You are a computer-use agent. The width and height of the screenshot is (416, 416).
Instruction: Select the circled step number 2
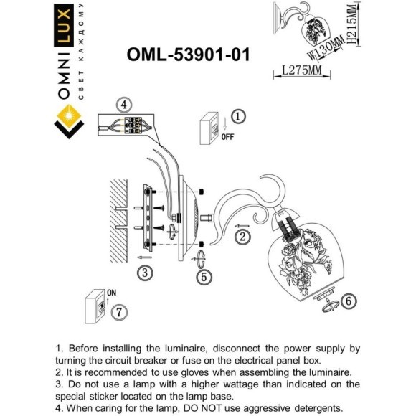(x=243, y=236)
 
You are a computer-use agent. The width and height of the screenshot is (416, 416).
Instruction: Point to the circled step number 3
(x=144, y=273)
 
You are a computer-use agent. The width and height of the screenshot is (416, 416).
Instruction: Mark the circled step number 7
(x=119, y=312)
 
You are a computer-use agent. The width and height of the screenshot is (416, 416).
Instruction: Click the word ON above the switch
(x=111, y=292)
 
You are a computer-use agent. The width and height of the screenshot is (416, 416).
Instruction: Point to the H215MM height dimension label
(x=351, y=25)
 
